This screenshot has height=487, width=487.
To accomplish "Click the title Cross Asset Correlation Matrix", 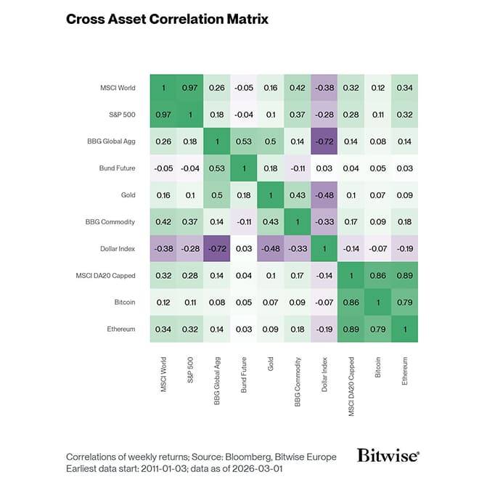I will [x=167, y=19].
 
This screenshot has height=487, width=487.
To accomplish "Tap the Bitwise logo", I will [x=388, y=455].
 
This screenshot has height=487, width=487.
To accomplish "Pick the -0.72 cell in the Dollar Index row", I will [x=218, y=249].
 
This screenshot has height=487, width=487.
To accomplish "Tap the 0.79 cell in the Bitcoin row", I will [x=404, y=303].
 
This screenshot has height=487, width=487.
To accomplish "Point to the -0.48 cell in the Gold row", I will [x=324, y=195].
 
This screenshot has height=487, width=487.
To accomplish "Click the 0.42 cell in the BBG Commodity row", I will [x=164, y=222].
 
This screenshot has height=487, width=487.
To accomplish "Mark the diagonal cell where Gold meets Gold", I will [x=271, y=195].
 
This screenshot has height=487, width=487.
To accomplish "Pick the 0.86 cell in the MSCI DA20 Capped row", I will [x=377, y=276].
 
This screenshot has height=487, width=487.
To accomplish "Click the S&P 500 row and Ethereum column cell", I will [x=404, y=115].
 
